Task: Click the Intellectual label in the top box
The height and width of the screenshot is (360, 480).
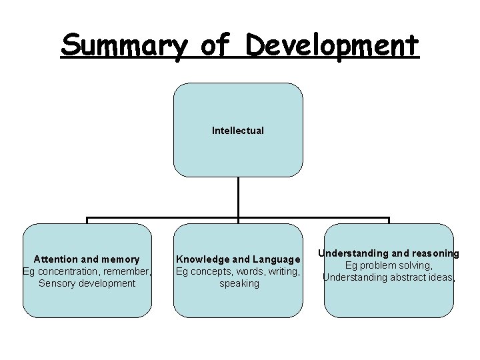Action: point(238,131)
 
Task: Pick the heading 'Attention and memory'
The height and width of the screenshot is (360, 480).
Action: point(87,259)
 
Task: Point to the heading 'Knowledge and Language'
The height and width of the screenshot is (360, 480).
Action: point(238,259)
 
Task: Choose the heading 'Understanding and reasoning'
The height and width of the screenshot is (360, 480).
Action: point(388,253)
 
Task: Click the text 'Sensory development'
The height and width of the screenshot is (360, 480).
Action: point(87,283)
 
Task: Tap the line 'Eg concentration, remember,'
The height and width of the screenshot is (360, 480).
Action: point(87,271)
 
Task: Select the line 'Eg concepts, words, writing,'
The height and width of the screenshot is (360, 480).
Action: point(238,271)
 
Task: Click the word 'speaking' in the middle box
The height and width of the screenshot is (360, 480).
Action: point(239,283)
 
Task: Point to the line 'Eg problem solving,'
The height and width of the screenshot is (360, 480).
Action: point(388,265)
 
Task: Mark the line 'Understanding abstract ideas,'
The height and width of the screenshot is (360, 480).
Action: point(389,277)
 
